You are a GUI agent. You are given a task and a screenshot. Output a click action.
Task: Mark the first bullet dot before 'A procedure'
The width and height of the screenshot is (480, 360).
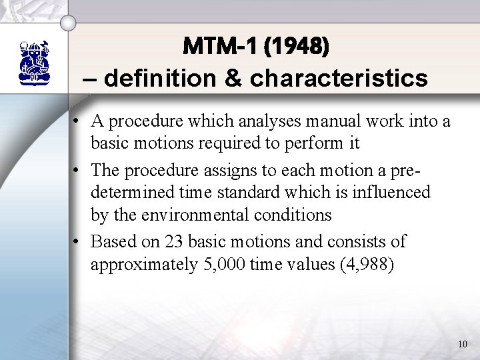point(79,121)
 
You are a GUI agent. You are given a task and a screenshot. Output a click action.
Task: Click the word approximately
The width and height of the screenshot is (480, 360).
point(137,265)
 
